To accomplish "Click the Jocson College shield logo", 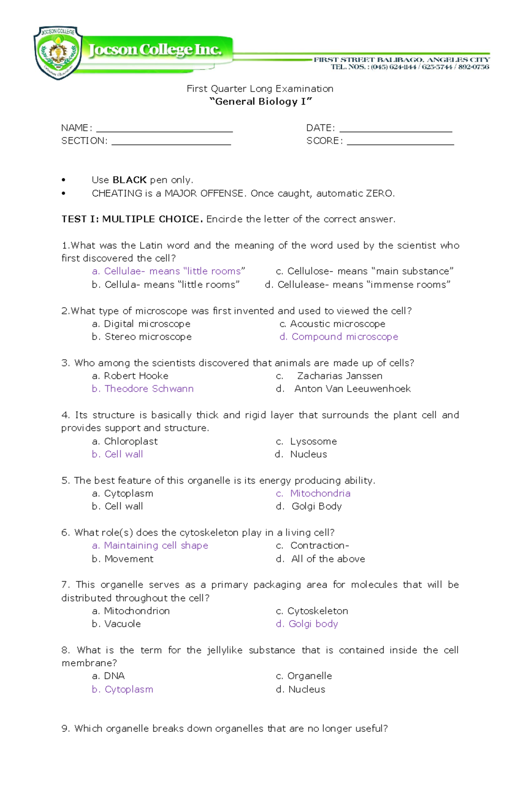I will [58, 53].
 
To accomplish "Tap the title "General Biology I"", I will [260, 102].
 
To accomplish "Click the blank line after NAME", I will [164, 129].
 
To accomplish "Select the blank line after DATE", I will [396, 129].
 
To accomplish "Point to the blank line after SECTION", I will [171, 142].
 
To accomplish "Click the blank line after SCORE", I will [400, 142].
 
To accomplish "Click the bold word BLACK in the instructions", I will [129, 180].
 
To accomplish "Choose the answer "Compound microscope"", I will [344, 337].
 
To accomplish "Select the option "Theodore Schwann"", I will [148, 389].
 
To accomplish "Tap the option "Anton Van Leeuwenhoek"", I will [352, 389].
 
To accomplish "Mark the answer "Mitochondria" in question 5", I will [320, 493].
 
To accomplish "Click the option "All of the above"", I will [328, 559].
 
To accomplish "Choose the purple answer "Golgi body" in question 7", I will [313, 624].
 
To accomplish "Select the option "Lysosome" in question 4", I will [313, 441].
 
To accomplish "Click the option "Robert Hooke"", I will [136, 376].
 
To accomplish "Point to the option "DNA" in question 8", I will [114, 676].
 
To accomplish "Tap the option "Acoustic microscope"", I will [337, 324].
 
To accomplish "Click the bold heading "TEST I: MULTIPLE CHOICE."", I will [132, 219].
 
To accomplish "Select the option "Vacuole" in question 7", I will [122, 624].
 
